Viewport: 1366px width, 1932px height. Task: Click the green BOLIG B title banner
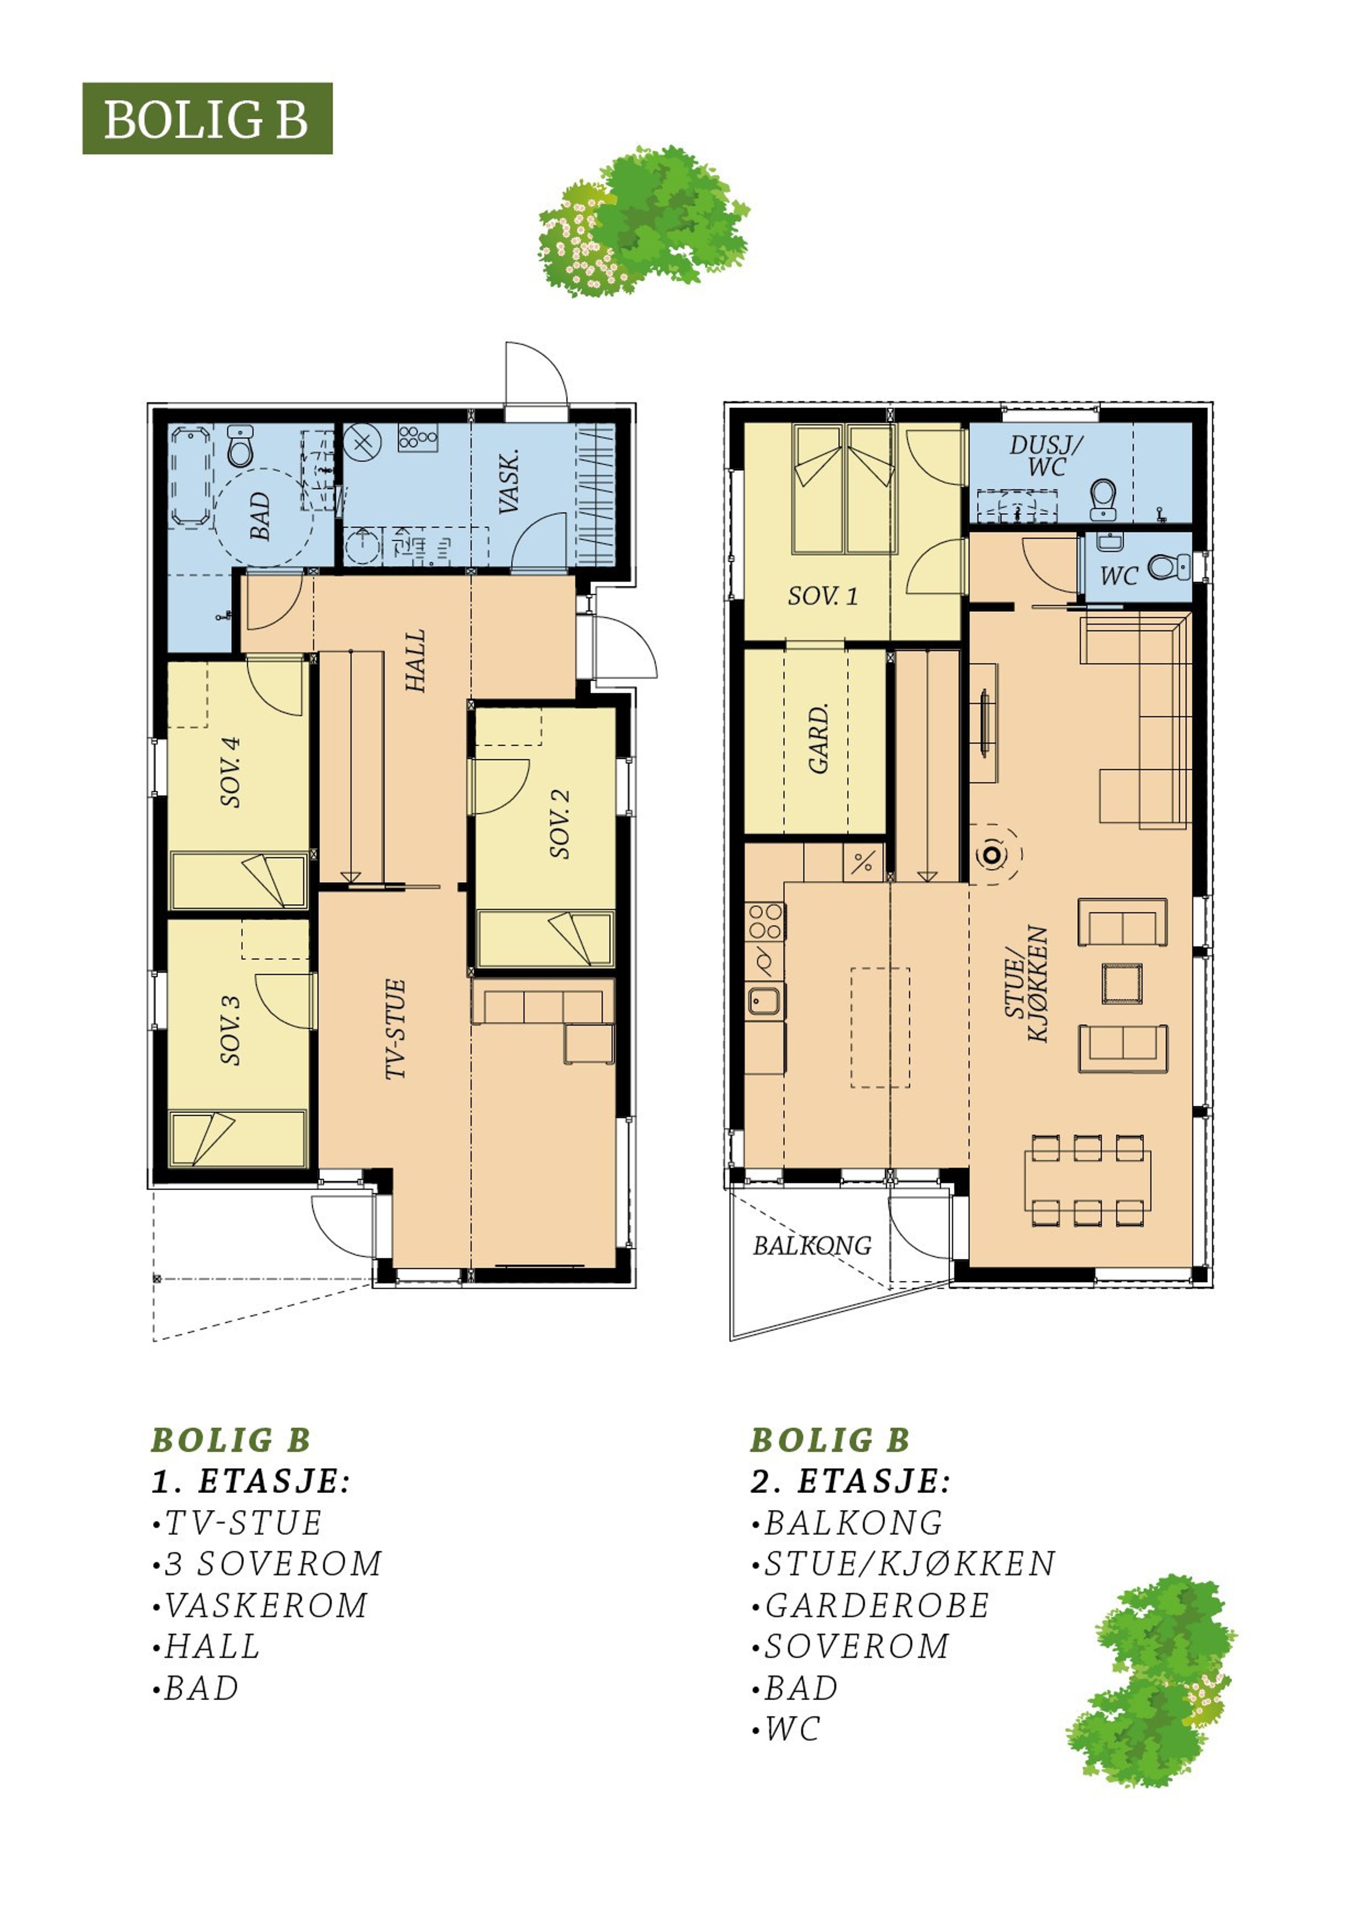point(207,119)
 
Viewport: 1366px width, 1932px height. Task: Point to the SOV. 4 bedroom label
point(231,771)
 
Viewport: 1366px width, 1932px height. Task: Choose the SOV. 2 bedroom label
point(560,824)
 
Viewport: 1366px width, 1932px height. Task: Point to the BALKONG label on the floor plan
point(812,1245)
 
